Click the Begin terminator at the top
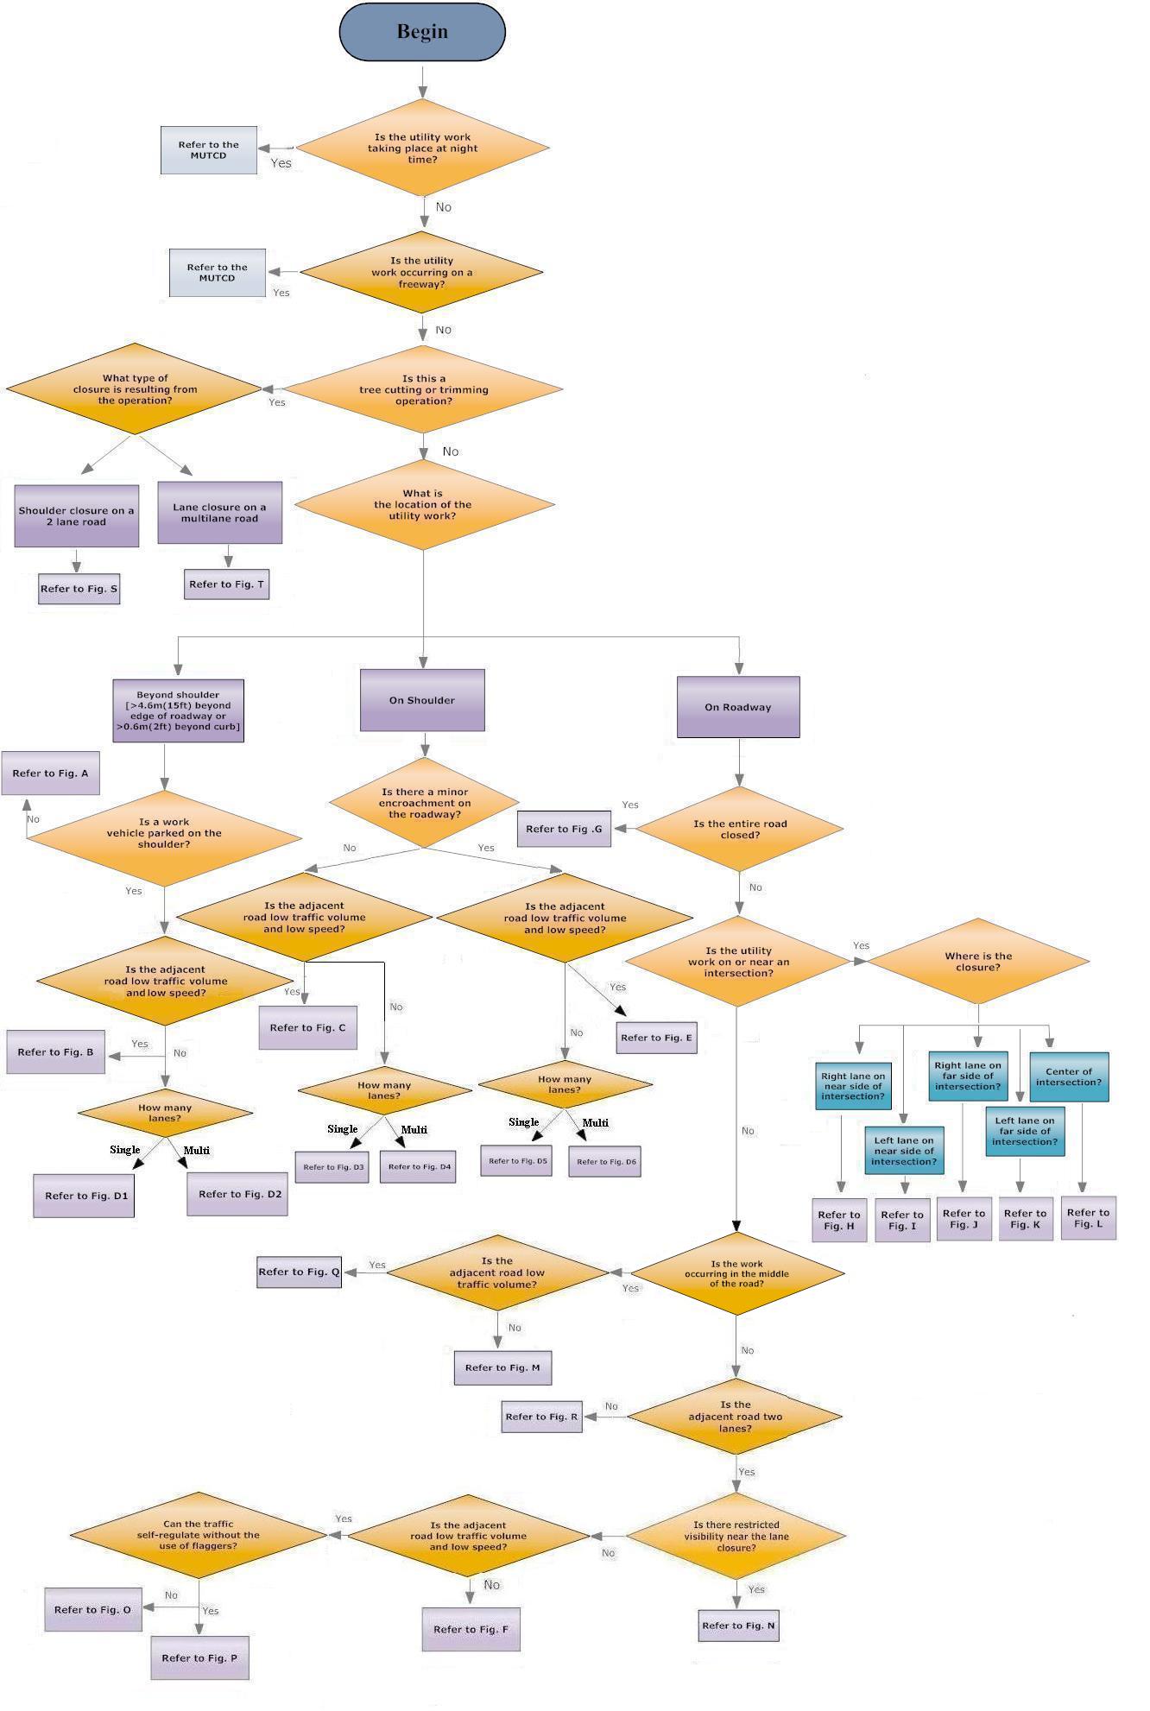tap(422, 32)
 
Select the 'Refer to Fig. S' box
tap(79, 589)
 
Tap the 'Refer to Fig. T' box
tap(227, 584)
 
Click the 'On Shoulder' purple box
tap(422, 700)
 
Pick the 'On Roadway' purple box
tap(738, 707)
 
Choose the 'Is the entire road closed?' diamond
tap(740, 829)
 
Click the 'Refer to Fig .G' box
tap(564, 829)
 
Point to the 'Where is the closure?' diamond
tap(978, 961)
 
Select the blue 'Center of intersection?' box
tap(1069, 1076)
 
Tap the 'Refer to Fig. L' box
tap(1088, 1218)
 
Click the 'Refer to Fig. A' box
tap(50, 773)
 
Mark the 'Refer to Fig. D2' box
tap(238, 1194)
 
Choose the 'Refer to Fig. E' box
tap(656, 1038)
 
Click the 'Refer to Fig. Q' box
tap(299, 1272)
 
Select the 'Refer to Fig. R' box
tap(541, 1417)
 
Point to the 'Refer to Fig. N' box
tap(738, 1626)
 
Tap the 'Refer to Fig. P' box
tap(199, 1657)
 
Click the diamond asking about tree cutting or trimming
tap(423, 389)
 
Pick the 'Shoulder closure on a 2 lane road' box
tap(77, 516)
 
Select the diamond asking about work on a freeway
tap(422, 272)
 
